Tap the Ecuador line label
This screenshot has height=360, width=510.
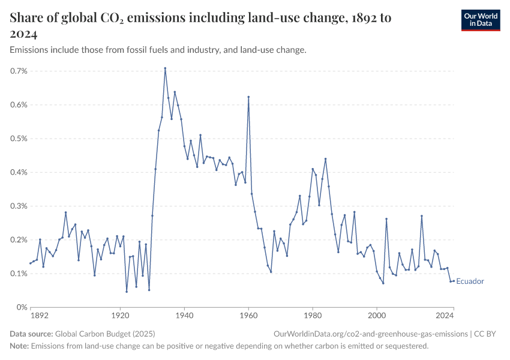(x=470, y=281)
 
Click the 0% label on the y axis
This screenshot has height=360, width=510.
(x=23, y=307)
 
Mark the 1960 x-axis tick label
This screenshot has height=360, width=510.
(x=248, y=315)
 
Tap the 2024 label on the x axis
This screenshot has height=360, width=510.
(x=445, y=315)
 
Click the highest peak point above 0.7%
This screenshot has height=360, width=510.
(x=165, y=68)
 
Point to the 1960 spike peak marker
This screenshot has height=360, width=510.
(x=248, y=97)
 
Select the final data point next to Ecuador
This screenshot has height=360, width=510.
(x=454, y=281)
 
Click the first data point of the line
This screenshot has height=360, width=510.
(x=31, y=263)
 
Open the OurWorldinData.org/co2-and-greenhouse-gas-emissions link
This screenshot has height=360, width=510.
(x=370, y=334)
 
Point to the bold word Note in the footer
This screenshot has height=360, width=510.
(x=19, y=346)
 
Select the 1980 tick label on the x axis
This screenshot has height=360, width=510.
(x=313, y=315)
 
